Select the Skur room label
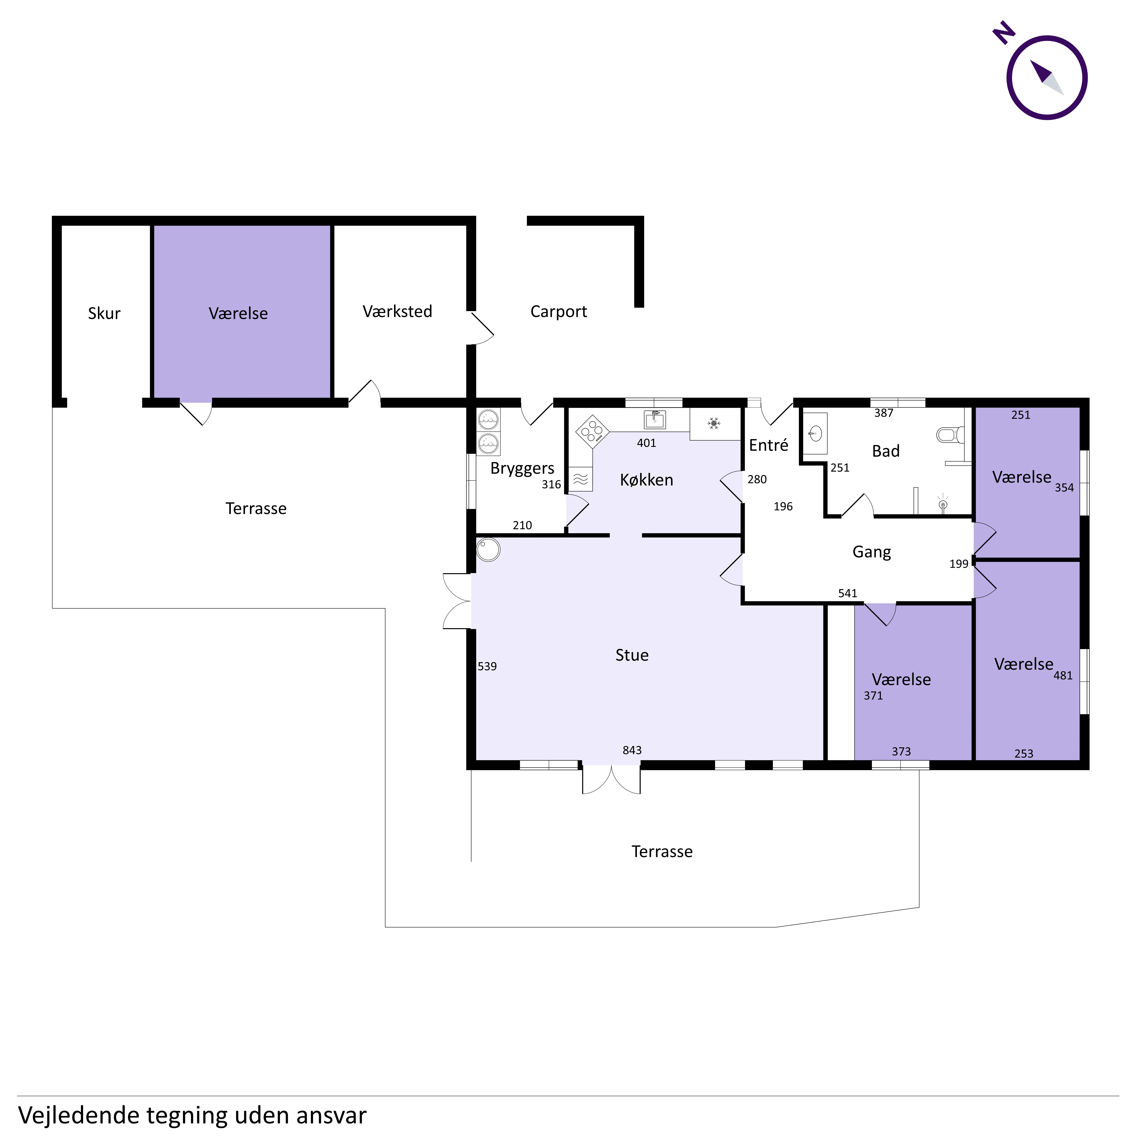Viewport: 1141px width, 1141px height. point(104,314)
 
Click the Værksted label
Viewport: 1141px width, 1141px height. point(397,312)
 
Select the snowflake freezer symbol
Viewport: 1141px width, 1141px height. point(714,424)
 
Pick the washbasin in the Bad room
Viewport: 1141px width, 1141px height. point(816,434)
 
